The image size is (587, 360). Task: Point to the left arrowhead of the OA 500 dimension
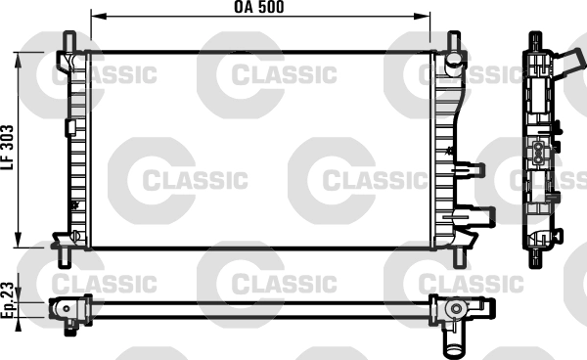coord(96,18)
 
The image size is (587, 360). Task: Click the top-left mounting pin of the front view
coord(70,40)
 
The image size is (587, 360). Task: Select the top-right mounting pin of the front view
coord(454,40)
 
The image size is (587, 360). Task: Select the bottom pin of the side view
coord(536,259)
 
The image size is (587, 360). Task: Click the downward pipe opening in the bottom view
coord(454,344)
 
